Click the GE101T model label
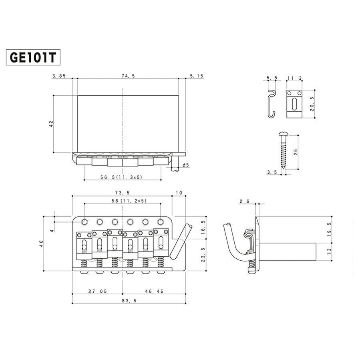tap(33, 57)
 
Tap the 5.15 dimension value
tap(197, 76)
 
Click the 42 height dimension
tap(51, 124)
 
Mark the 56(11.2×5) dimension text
tap(123, 201)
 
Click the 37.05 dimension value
tap(97, 292)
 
